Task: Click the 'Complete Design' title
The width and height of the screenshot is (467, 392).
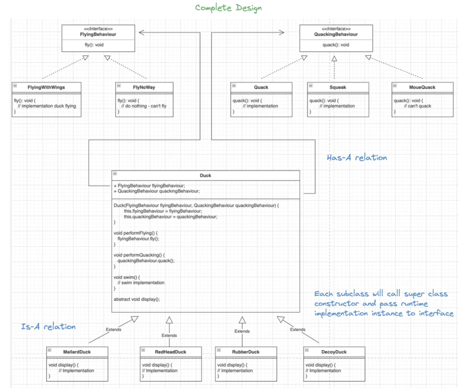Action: tap(228, 8)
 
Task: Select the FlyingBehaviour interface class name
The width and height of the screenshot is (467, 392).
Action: tap(98, 34)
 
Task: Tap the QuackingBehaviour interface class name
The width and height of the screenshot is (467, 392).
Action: tap(336, 34)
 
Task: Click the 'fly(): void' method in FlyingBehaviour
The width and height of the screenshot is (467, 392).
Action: tap(94, 45)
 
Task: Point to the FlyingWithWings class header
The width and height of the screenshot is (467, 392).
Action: tap(46, 87)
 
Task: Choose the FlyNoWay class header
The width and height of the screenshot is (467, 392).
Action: tap(144, 87)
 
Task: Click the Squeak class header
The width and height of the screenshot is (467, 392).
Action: tap(338, 87)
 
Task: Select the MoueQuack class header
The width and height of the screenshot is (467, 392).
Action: tap(422, 87)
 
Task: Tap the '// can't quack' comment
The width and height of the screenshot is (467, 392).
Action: tap(417, 106)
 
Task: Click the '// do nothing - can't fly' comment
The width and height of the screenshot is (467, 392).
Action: tap(144, 106)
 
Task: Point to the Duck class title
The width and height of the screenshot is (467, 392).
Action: tap(205, 176)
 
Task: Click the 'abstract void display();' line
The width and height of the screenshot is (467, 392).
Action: tap(137, 299)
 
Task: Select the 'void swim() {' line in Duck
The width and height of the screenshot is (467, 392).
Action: tap(127, 277)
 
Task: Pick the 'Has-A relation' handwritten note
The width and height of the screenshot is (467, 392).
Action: tap(357, 158)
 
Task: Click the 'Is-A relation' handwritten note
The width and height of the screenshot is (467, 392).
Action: tap(48, 327)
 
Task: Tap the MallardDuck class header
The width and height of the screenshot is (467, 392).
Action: tap(77, 352)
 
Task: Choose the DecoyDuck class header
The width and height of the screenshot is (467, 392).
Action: tap(334, 352)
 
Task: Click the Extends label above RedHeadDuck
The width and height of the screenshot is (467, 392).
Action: tap(169, 335)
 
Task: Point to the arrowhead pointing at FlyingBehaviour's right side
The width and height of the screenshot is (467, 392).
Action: tap(142, 32)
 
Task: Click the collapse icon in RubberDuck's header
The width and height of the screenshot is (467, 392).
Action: tap(219, 350)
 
